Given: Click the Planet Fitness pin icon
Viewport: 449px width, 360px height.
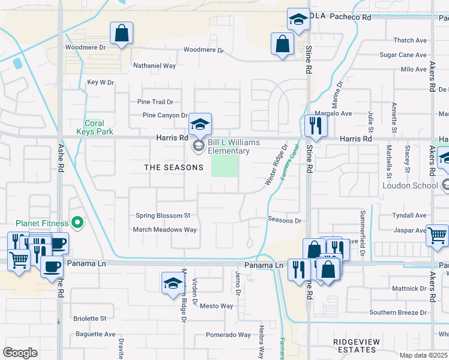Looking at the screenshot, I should coord(77,223).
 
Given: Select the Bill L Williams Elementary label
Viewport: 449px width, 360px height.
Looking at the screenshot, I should coord(234,147).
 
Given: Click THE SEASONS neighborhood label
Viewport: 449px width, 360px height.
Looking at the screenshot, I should coord(173,167).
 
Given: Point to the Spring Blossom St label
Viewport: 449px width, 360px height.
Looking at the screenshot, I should coord(163,215).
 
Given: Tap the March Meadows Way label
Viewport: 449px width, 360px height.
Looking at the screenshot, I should coord(164,230).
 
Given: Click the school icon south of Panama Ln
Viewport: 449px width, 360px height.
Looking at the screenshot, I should coord(172,284).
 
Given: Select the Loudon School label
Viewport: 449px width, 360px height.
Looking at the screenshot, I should coord(411,185).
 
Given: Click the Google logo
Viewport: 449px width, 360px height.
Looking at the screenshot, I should coord(20,353).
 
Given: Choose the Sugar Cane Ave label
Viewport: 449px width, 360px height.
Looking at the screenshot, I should coord(403,55).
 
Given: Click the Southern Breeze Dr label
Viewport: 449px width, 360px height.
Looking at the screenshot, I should coord(397,313).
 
